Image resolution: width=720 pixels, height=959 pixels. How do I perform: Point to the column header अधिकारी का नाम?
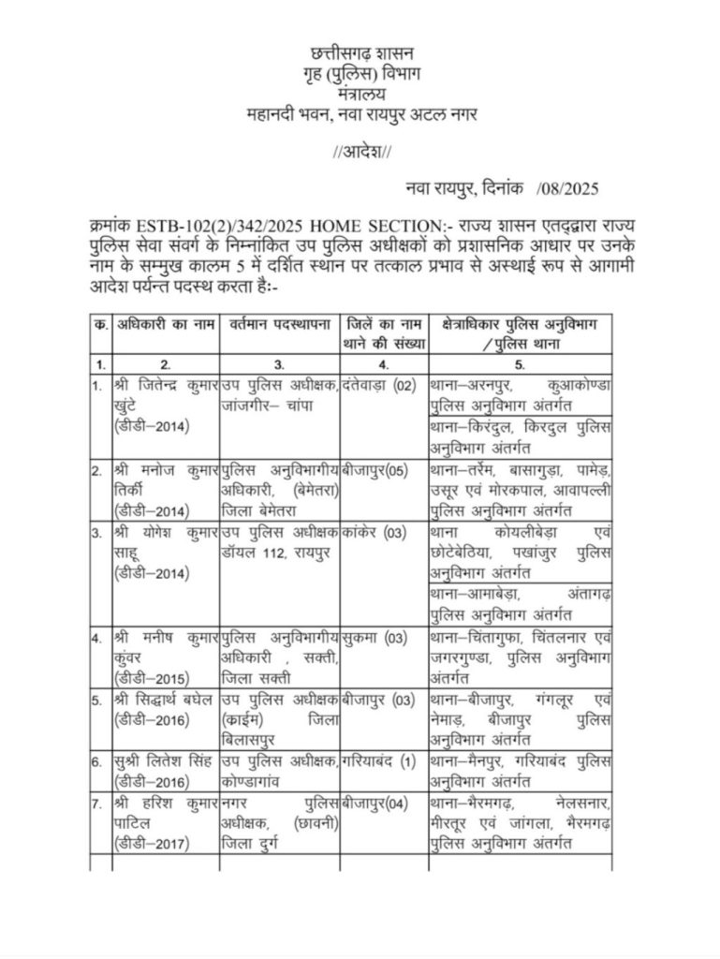165,324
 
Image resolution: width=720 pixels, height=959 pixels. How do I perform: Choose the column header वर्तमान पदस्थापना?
278,324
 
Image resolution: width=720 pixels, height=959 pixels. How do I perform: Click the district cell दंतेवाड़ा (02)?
378,384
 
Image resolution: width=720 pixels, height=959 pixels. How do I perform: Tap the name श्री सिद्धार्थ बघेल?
167,700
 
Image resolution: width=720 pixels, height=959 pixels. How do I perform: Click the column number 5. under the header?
521,361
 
